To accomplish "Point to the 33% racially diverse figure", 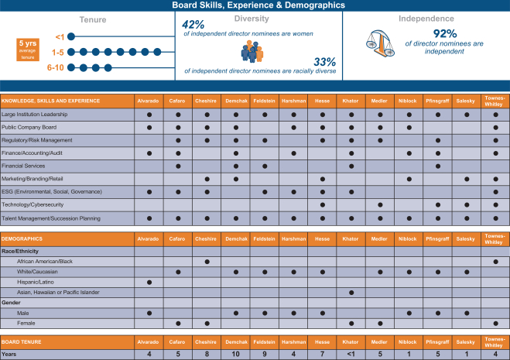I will [323, 61].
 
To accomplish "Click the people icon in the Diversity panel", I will [252, 50].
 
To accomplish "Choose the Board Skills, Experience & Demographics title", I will [255, 5].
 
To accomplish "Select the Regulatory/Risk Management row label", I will [36, 140].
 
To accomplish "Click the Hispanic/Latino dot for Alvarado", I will [149, 283].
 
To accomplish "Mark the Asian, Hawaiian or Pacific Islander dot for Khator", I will [351, 293].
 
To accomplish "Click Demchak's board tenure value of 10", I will [235, 355].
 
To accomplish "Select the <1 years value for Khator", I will [351, 355].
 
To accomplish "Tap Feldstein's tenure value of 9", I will [265, 355].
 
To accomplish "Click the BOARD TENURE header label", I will [22, 341].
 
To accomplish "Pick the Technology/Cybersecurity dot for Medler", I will [380, 204].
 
